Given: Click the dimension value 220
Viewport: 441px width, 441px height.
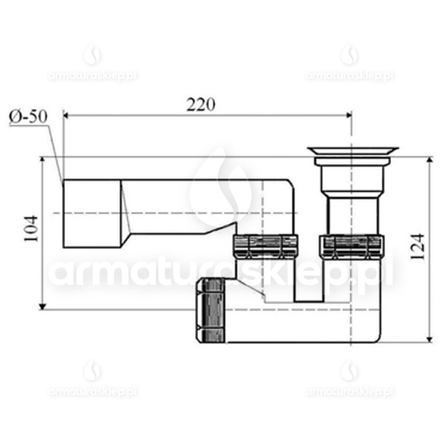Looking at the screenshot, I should tap(200, 104).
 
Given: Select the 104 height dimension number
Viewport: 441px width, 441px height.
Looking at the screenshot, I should tap(32, 229).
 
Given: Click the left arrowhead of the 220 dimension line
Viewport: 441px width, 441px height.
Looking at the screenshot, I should tap(68, 115).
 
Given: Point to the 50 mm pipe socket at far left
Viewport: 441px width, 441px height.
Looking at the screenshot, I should tap(91, 213).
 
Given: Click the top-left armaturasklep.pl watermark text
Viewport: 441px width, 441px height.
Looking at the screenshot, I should tap(92, 76).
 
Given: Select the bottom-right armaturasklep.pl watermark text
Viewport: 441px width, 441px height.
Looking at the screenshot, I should tap(349, 392).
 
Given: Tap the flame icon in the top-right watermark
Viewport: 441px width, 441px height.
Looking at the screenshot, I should tap(349, 54).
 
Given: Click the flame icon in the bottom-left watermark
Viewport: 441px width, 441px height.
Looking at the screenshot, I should tap(92, 371).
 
